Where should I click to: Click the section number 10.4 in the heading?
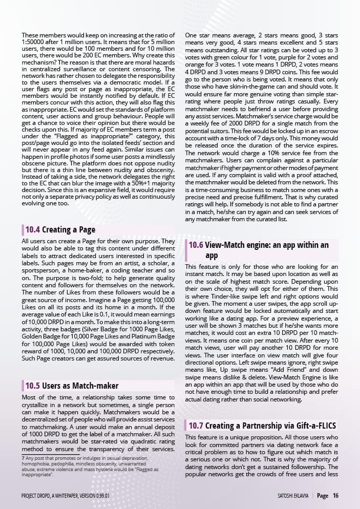[x=33, y=230]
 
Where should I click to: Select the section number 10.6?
[x=196, y=245]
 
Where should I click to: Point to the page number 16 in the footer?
[x=335, y=496]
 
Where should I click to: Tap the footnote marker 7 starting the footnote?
[x=23, y=457]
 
